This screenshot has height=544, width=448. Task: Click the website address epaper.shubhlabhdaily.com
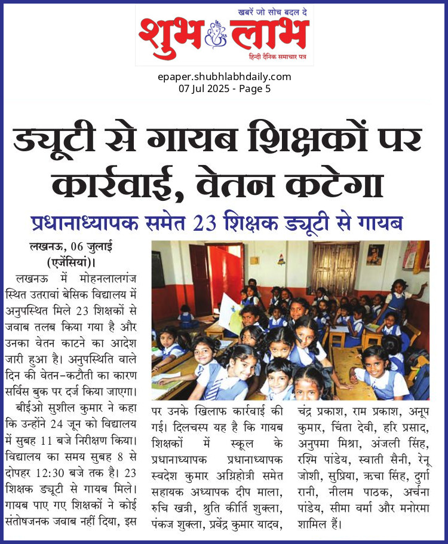pyautogui.click(x=225, y=77)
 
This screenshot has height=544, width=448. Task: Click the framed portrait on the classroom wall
pyautogui.click(x=375, y=254)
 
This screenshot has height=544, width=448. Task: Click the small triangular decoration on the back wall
pyautogui.click(x=280, y=258)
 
